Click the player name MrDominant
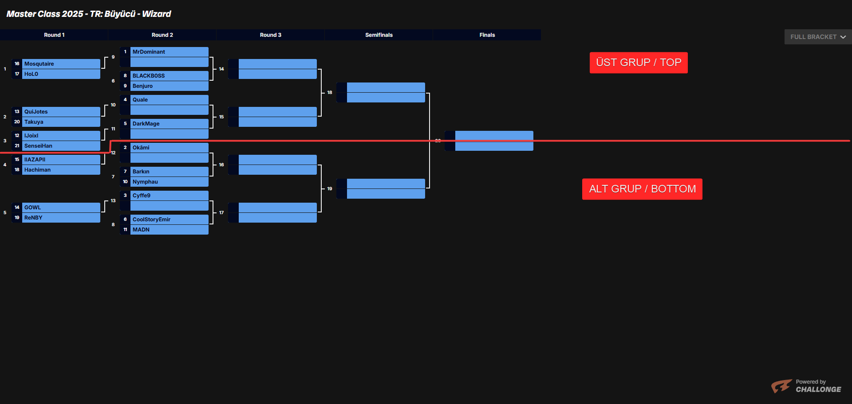[x=149, y=52]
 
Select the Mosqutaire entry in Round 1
[x=39, y=64]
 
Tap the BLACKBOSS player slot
[x=149, y=76]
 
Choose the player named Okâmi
[x=141, y=148]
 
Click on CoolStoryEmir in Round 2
[x=151, y=220]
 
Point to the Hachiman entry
[x=38, y=170]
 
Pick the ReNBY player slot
[x=33, y=218]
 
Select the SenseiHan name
[x=38, y=146]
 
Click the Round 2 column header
[x=162, y=35]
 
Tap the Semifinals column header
[x=379, y=35]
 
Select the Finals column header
[x=487, y=35]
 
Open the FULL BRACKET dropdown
[x=818, y=37]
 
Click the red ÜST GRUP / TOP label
[x=639, y=63]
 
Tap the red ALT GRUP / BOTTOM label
[x=642, y=189]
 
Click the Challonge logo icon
[x=781, y=386]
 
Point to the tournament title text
[x=89, y=14]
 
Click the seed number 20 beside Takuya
[x=17, y=122]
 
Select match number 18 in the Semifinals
[x=330, y=93]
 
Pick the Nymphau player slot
[x=145, y=182]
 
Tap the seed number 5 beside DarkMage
[x=125, y=124]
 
